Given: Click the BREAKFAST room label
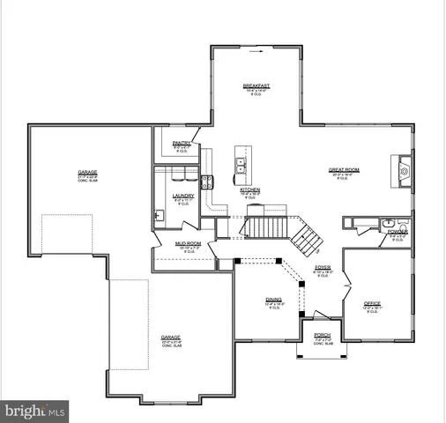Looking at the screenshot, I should coord(256,85).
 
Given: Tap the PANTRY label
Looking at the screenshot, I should coord(182,142).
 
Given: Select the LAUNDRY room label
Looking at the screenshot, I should coord(183,196).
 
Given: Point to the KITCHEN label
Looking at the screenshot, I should coord(249,189).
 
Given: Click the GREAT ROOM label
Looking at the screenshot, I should coord(342,171).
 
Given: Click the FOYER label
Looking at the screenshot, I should coord(322,267).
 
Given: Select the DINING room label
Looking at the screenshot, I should coord(273,300).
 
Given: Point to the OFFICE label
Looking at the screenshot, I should coord(373,304).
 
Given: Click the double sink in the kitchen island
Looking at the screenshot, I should coord(239,161).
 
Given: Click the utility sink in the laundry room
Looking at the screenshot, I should coord(159,214).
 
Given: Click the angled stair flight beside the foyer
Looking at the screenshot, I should coord(308,234).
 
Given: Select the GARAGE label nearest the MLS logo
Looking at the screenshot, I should coord(170,338).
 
